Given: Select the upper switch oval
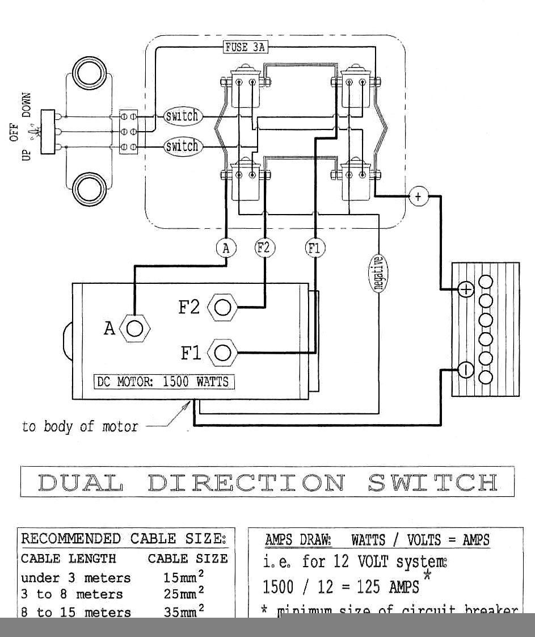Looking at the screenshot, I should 182,116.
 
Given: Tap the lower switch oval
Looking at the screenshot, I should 182,146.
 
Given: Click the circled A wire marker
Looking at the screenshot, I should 226,248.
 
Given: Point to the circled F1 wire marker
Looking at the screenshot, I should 315,248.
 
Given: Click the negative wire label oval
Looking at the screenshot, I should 378,273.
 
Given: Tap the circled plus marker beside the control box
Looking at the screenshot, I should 418,197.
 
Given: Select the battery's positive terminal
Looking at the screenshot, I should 465,290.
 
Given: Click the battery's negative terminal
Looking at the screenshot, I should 465,370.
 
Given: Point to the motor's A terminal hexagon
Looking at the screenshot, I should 135,328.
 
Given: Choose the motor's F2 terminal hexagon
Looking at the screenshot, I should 223,307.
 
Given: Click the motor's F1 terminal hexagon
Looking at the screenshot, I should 223,353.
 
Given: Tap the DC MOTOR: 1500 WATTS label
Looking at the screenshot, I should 164,382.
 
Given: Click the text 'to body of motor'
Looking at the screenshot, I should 80,426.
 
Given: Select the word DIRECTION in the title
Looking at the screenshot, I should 247,482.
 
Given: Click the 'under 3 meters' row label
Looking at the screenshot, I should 75,578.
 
